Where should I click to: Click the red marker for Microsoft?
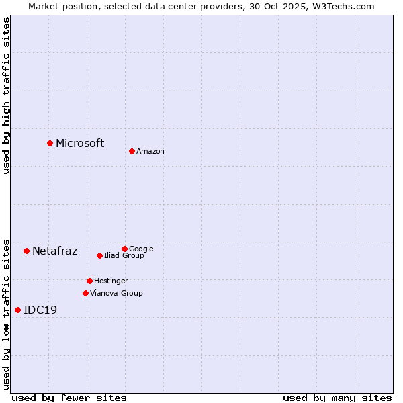pos(50,143)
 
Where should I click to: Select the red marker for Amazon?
pos(132,151)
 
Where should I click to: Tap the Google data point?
pos(124,249)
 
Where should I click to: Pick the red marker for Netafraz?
pos(26,251)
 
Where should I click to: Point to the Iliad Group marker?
pos(99,255)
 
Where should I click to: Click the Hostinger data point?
pos(89,281)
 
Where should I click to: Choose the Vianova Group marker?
pos(85,293)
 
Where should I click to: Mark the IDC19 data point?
pos(17,310)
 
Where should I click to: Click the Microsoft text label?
pos(80,143)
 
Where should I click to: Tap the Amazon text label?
pos(150,152)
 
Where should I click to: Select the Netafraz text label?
pos(55,251)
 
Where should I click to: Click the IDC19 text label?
pos(40,310)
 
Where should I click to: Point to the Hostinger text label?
pos(111,281)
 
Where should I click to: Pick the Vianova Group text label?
pos(116,293)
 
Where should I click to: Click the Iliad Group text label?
pos(124,256)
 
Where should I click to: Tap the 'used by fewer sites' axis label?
pos(69,398)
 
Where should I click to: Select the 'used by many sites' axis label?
pos(337,398)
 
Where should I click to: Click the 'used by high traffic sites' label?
pos(6,95)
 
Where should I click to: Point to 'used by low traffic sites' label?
pos(6,314)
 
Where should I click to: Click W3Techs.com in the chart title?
pos(342,6)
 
